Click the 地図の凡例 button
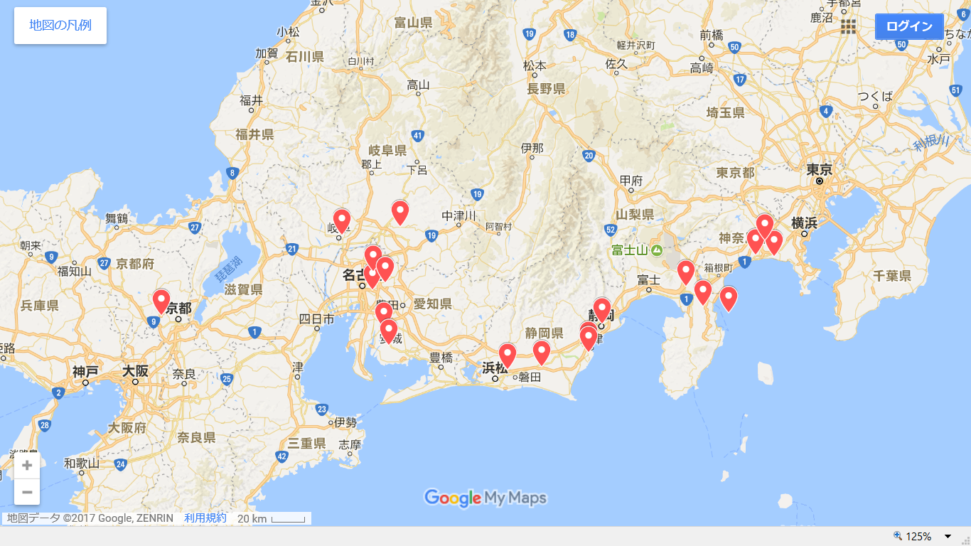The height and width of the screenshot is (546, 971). tap(60, 26)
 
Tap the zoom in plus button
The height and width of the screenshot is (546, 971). tap(27, 466)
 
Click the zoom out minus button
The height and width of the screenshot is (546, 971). tap(27, 492)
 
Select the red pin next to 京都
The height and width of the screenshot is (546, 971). tap(161, 301)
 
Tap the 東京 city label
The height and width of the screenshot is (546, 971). tap(819, 170)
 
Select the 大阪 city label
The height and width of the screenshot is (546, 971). tap(135, 370)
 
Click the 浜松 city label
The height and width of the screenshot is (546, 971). tap(495, 368)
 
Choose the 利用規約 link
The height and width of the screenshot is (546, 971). tap(205, 518)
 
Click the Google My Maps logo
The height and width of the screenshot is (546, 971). tap(485, 498)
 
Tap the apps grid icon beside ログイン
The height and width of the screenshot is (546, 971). tap(848, 26)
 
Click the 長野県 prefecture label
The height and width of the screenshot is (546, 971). tap(546, 89)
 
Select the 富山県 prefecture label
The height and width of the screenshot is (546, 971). tap(413, 23)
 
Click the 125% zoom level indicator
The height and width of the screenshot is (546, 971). tap(918, 536)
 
